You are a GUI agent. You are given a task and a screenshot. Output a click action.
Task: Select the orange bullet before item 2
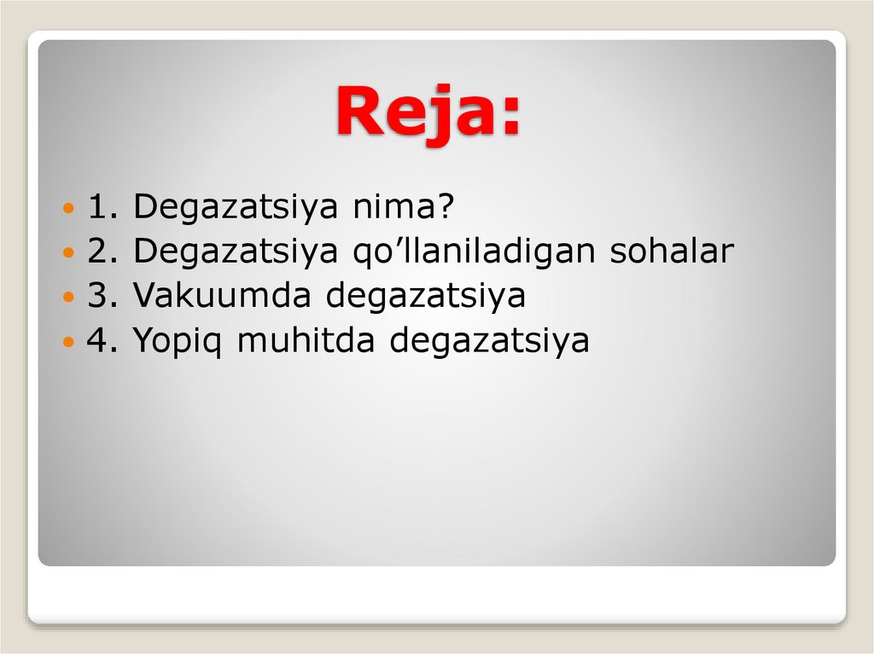(x=70, y=253)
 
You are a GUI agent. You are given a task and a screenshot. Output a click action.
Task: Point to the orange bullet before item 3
(x=70, y=298)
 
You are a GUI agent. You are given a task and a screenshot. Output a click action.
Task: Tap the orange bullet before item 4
(x=70, y=342)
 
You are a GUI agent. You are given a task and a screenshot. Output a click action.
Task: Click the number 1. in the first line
(x=103, y=207)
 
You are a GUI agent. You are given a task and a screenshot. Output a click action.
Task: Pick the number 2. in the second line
(x=103, y=252)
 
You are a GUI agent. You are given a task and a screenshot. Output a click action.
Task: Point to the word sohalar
(x=671, y=252)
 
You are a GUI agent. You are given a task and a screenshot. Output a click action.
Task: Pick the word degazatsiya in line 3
(x=426, y=298)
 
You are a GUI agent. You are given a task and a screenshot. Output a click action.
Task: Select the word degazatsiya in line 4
(x=490, y=343)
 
